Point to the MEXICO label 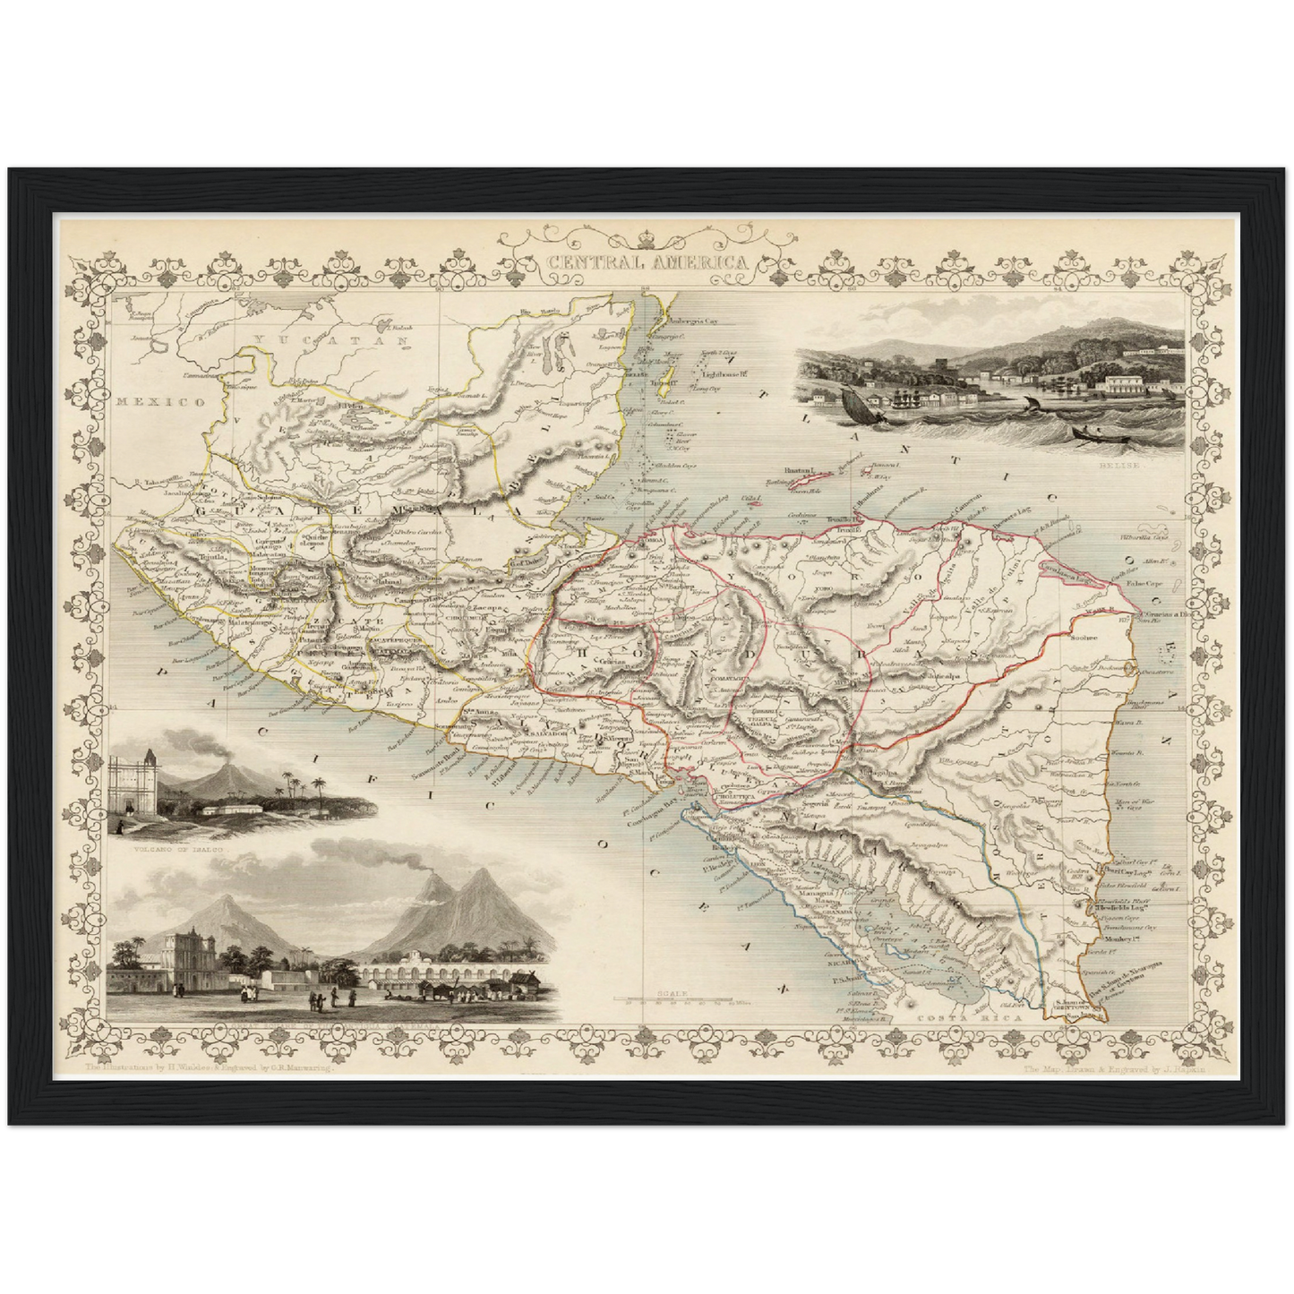point(160,402)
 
